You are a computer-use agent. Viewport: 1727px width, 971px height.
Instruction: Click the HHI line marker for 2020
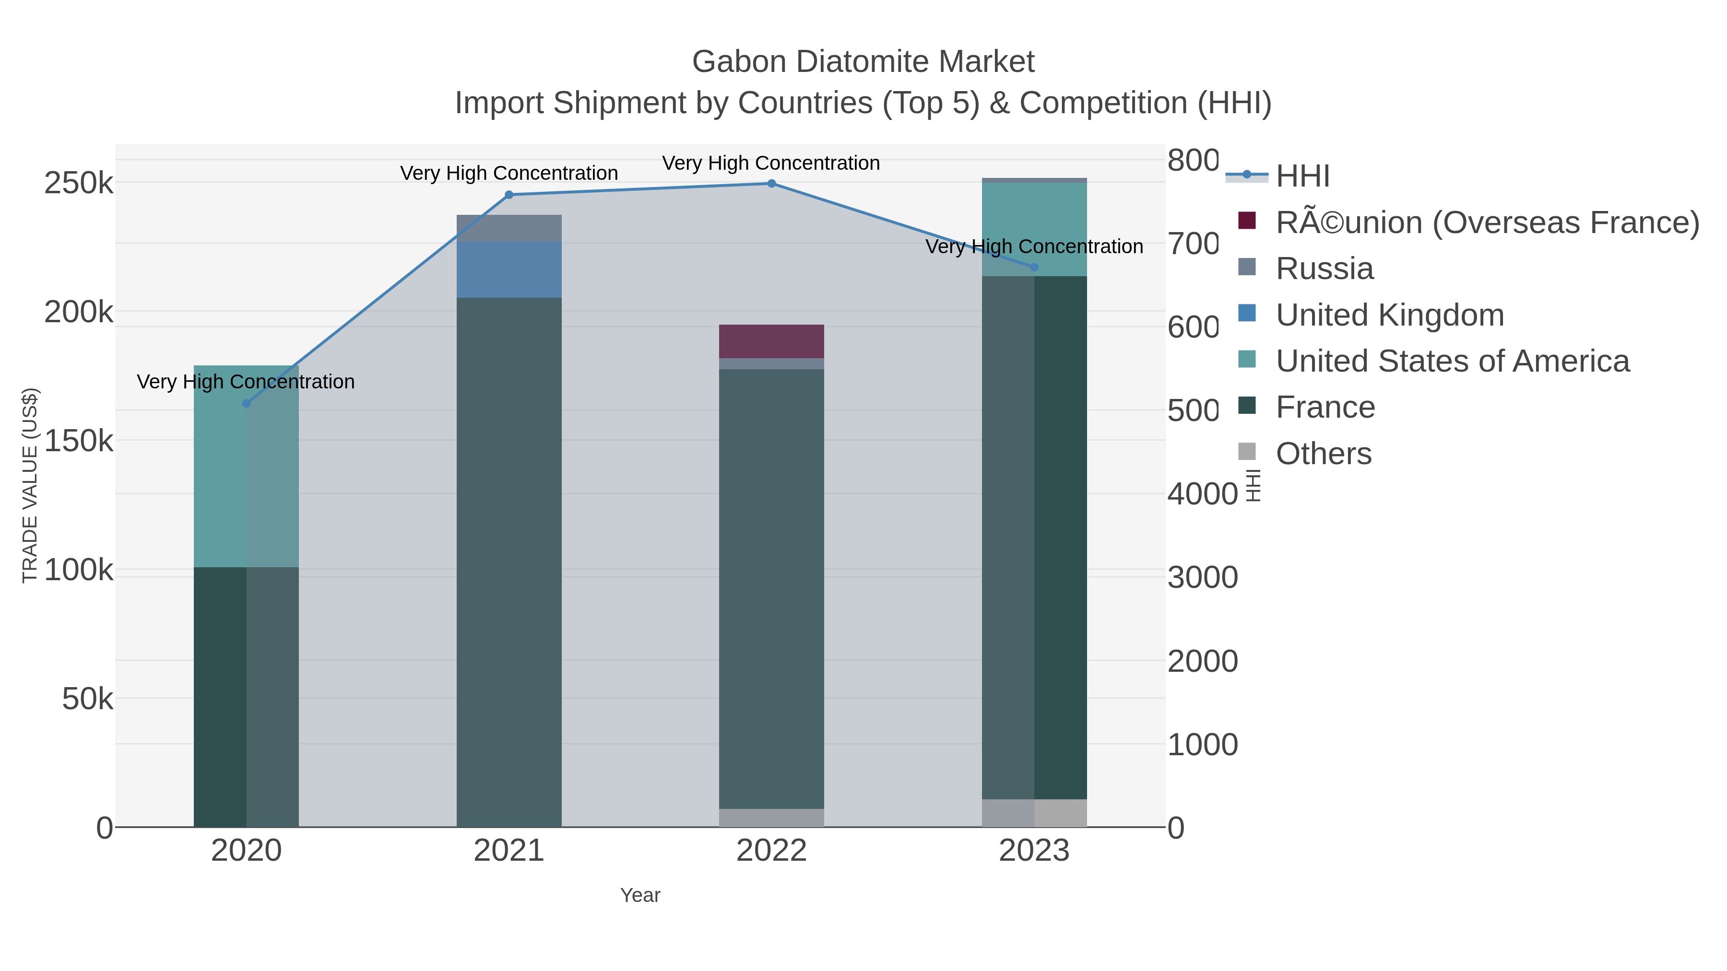246,403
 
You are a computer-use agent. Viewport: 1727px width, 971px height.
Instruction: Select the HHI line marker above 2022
771,184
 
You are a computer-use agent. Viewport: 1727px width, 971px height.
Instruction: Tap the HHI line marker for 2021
509,195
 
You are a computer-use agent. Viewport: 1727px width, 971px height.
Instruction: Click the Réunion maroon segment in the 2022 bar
771,341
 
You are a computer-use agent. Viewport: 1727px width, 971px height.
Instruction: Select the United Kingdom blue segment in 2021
509,269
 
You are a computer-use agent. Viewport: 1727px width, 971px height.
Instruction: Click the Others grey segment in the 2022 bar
771,818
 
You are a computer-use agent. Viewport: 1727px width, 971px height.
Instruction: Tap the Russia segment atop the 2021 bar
509,228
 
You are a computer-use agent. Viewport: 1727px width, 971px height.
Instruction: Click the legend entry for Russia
1324,269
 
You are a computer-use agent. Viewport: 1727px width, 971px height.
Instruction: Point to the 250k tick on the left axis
79,183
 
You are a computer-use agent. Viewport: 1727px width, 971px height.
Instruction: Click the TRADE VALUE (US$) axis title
30,485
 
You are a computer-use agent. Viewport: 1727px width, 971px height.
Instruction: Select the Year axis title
640,895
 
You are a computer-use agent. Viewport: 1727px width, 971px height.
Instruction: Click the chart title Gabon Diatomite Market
863,62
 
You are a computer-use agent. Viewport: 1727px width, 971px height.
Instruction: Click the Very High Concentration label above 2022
771,164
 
